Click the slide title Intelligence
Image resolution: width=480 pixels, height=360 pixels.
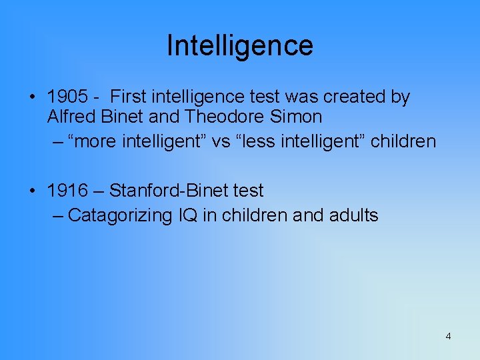(x=239, y=45)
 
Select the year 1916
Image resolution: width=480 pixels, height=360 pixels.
(x=67, y=191)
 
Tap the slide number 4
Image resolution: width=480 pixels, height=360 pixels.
(x=448, y=336)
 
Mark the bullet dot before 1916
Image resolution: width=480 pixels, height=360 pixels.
(x=33, y=191)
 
